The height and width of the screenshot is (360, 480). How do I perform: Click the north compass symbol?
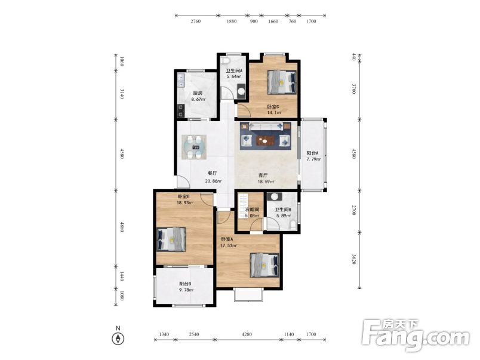click(x=118, y=339)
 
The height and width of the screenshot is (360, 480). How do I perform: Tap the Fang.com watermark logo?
click(x=416, y=335)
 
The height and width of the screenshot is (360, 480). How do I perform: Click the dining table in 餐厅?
click(x=194, y=147)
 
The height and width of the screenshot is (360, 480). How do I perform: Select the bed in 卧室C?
click(x=282, y=82)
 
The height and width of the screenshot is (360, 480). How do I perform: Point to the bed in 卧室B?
click(x=171, y=239)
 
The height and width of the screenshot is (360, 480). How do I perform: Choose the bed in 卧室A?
click(x=265, y=265)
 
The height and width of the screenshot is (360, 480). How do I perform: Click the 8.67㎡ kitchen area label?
click(x=198, y=100)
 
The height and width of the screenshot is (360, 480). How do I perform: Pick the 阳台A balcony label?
click(x=313, y=153)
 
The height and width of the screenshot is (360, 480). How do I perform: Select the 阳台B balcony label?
click(x=185, y=284)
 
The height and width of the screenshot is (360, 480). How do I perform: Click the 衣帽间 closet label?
click(x=253, y=210)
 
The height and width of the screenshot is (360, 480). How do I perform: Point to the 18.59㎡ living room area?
click(x=266, y=181)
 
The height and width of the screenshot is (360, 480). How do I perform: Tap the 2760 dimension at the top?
click(x=196, y=21)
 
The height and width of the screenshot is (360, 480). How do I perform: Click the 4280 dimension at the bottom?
click(x=247, y=334)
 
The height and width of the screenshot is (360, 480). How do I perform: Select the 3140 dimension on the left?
click(x=122, y=94)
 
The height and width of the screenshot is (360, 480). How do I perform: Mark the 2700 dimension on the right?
click(x=354, y=210)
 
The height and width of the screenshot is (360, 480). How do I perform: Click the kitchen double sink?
click(x=181, y=81)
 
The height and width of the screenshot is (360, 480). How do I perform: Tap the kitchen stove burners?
click(x=181, y=111)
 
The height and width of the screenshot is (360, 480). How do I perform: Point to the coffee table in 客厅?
click(x=266, y=141)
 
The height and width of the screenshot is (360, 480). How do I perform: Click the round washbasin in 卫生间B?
click(x=274, y=196)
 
